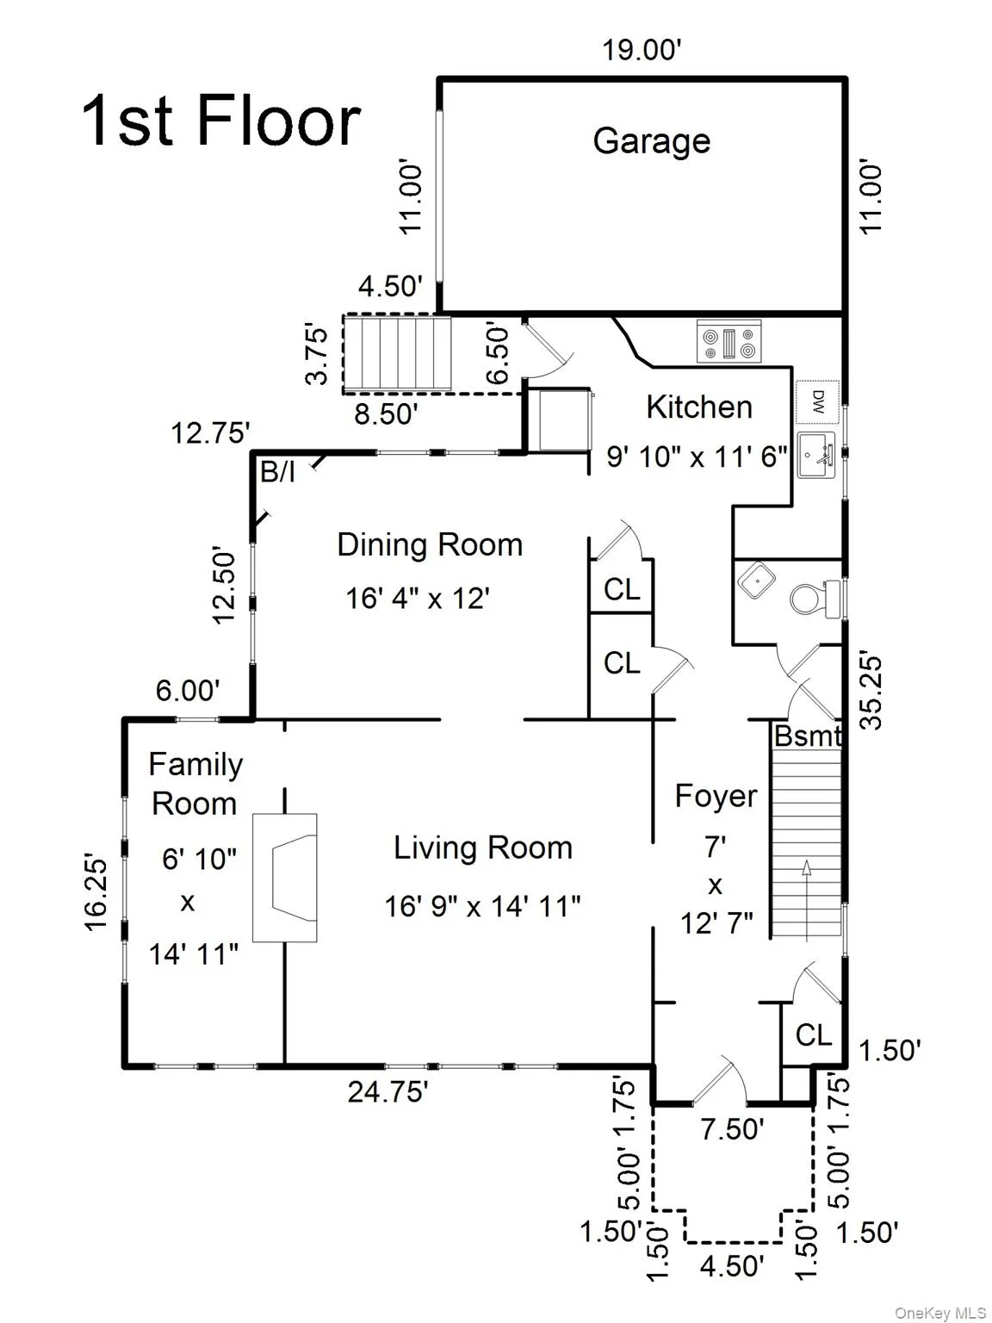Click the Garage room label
(651, 141)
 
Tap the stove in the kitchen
(728, 341)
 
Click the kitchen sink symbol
(817, 455)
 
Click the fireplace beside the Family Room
(285, 878)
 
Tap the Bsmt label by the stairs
(807, 736)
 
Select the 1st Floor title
(221, 121)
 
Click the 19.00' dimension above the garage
(642, 49)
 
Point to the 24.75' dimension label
(387, 1091)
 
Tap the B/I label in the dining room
(277, 472)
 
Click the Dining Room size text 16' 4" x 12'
(418, 599)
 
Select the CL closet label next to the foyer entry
(813, 1035)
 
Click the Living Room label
(483, 848)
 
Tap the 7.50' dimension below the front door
(733, 1129)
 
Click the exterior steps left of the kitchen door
(398, 353)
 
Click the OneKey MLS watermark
(940, 1308)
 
